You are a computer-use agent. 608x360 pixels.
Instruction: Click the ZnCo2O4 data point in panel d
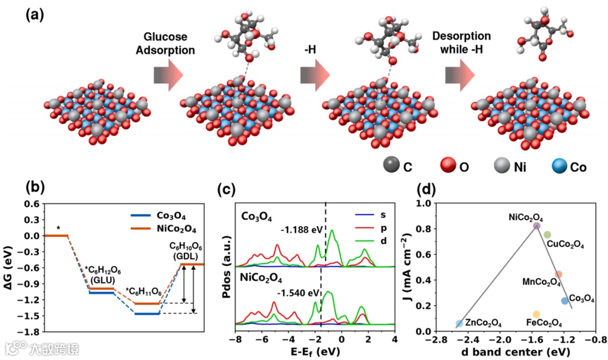pos(459,323)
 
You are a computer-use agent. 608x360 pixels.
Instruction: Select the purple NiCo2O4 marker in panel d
pos(537,226)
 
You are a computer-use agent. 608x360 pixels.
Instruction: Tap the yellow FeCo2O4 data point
pos(537,314)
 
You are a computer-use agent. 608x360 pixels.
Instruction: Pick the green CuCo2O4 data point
pos(547,234)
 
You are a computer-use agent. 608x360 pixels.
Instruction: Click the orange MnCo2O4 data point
pos(558,274)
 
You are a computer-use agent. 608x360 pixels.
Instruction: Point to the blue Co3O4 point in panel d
pos(565,301)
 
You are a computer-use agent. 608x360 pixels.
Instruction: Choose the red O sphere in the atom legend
pos(445,166)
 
